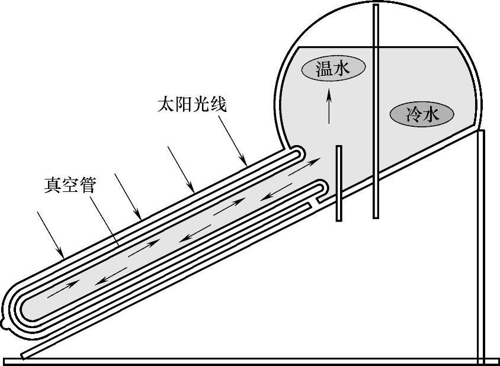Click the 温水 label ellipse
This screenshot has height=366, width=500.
coord(333,69)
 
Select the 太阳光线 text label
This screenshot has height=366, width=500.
coord(191,105)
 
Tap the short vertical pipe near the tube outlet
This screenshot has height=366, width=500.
coord(339,183)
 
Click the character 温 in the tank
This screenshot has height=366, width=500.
coord(323,69)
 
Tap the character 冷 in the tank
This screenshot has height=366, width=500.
coord(412,114)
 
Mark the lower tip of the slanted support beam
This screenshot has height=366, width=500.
coord(24,355)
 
